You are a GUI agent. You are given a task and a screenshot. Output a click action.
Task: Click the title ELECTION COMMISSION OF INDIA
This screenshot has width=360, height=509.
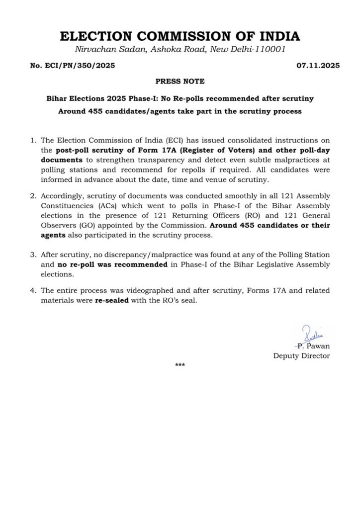coord(180,36)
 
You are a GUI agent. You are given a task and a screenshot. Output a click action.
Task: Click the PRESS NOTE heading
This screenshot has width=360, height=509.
coord(180,82)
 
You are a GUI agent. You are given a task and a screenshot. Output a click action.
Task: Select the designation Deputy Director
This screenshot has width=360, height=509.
coord(301,356)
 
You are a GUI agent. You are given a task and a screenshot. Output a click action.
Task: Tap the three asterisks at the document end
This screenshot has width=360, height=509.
coord(180,366)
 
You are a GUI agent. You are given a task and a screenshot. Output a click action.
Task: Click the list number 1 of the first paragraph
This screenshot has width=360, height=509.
coord(33,141)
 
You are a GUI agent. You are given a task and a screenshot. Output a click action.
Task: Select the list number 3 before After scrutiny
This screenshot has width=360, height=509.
coord(33,255)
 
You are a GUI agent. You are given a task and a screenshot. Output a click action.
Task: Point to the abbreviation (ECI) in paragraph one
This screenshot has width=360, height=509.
coord(149,141)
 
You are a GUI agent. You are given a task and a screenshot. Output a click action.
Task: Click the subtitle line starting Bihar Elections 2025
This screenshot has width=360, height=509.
coord(180,98)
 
